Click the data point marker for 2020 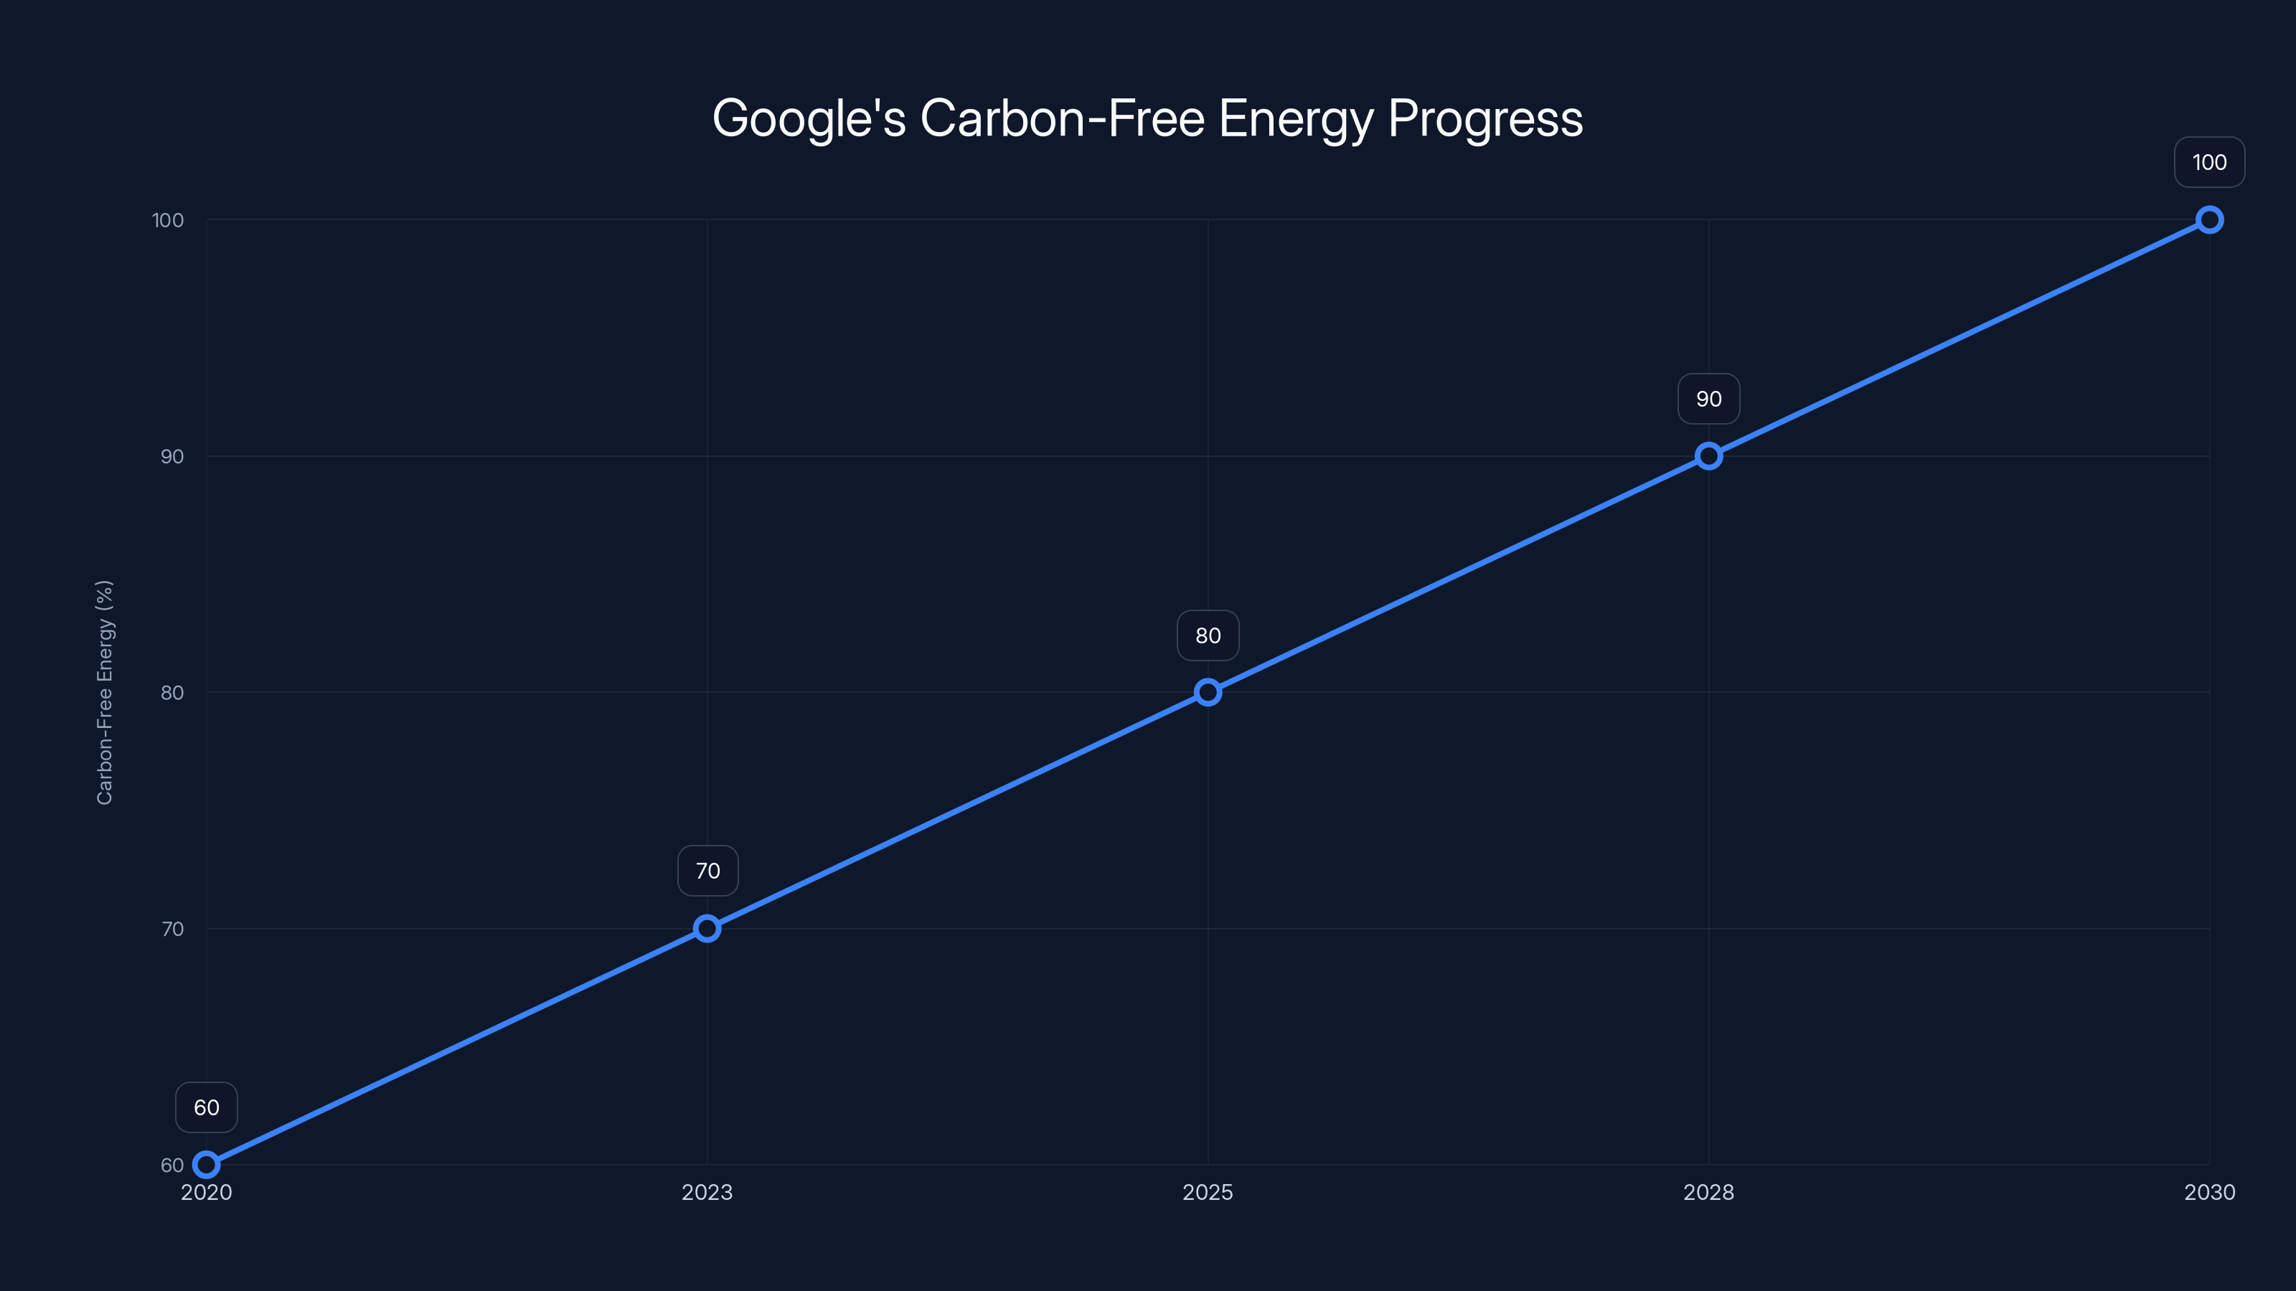point(206,1165)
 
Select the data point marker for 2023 point(707,928)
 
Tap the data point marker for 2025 point(1208,692)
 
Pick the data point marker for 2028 point(1708,456)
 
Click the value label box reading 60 point(206,1107)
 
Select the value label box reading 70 point(707,871)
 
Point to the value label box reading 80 point(1208,635)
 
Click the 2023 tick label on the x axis point(707,1192)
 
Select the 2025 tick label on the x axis point(1208,1192)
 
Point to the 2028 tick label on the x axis point(1708,1192)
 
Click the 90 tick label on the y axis point(172,456)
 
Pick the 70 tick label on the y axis point(172,928)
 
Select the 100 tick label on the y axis point(168,220)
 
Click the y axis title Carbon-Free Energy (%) point(104,692)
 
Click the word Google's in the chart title point(809,118)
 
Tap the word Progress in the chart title point(1485,118)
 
